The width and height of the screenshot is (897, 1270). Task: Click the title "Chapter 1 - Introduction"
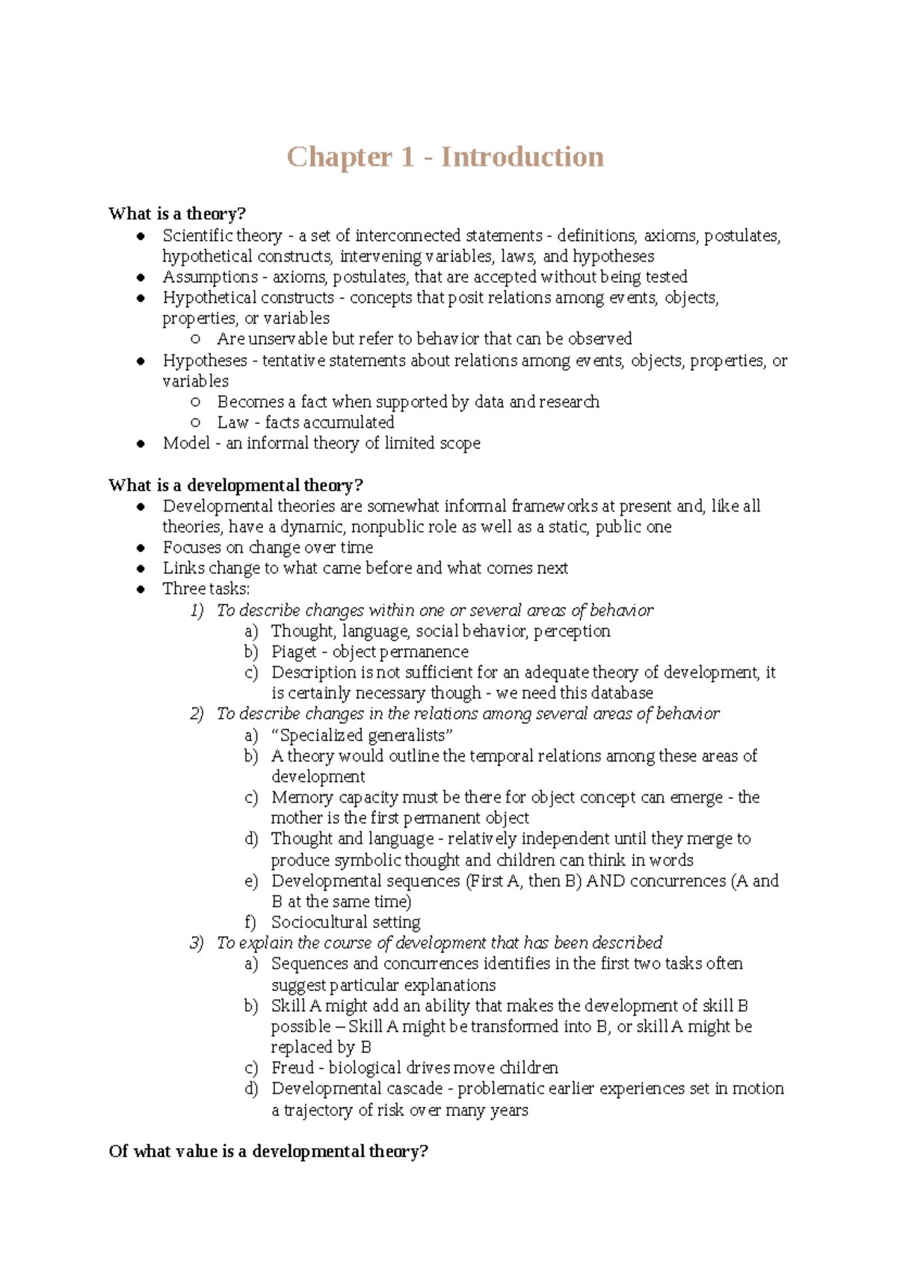(x=446, y=157)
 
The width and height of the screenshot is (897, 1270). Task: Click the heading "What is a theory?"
(x=177, y=214)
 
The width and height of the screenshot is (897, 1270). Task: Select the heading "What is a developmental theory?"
(x=235, y=485)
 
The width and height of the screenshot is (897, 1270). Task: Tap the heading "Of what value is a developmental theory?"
(x=268, y=1151)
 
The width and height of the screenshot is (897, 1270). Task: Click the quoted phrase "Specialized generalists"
(x=363, y=735)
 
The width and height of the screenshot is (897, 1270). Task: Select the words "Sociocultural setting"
(x=345, y=922)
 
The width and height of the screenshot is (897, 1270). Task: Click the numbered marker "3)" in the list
(x=197, y=943)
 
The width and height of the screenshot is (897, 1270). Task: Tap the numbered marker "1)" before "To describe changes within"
(x=197, y=610)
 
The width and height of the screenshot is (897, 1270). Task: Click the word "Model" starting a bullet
(x=186, y=444)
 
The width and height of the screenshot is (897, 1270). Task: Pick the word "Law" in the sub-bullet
(x=232, y=423)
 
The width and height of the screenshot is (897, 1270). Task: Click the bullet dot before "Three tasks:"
(x=141, y=589)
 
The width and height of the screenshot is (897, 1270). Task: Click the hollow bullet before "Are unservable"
(x=196, y=340)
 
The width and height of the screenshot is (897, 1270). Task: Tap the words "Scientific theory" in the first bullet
(x=222, y=236)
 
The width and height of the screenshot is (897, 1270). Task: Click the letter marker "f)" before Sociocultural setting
(x=250, y=922)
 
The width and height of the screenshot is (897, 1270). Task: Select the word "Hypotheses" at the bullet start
(x=205, y=361)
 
